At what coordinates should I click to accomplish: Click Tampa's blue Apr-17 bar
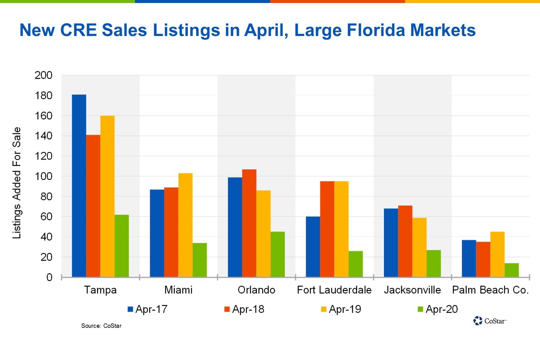tap(79, 186)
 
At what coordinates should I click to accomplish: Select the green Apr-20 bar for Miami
tap(199, 260)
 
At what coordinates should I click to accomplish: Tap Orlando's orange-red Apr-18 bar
tap(249, 223)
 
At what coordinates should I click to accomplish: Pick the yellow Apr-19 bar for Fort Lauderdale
tap(341, 229)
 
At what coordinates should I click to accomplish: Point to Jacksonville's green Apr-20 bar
tap(433, 263)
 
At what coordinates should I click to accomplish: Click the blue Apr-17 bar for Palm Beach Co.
tap(469, 258)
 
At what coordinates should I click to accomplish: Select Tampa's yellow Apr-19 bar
tap(107, 196)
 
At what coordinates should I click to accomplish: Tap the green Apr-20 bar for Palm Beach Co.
tap(511, 270)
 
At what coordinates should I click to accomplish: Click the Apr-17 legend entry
tap(147, 309)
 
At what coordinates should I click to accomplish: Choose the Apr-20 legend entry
tap(438, 309)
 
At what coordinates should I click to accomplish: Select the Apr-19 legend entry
tap(341, 309)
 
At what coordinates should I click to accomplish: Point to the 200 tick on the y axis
tap(43, 75)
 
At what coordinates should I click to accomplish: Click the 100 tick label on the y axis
tap(43, 176)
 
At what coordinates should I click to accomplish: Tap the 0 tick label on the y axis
tap(49, 277)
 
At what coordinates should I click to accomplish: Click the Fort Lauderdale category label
tap(334, 290)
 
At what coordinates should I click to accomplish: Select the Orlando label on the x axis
tap(256, 290)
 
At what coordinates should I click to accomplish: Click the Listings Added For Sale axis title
tap(16, 183)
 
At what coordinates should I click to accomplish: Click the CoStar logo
tap(490, 321)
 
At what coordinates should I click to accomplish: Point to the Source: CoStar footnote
tap(101, 326)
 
